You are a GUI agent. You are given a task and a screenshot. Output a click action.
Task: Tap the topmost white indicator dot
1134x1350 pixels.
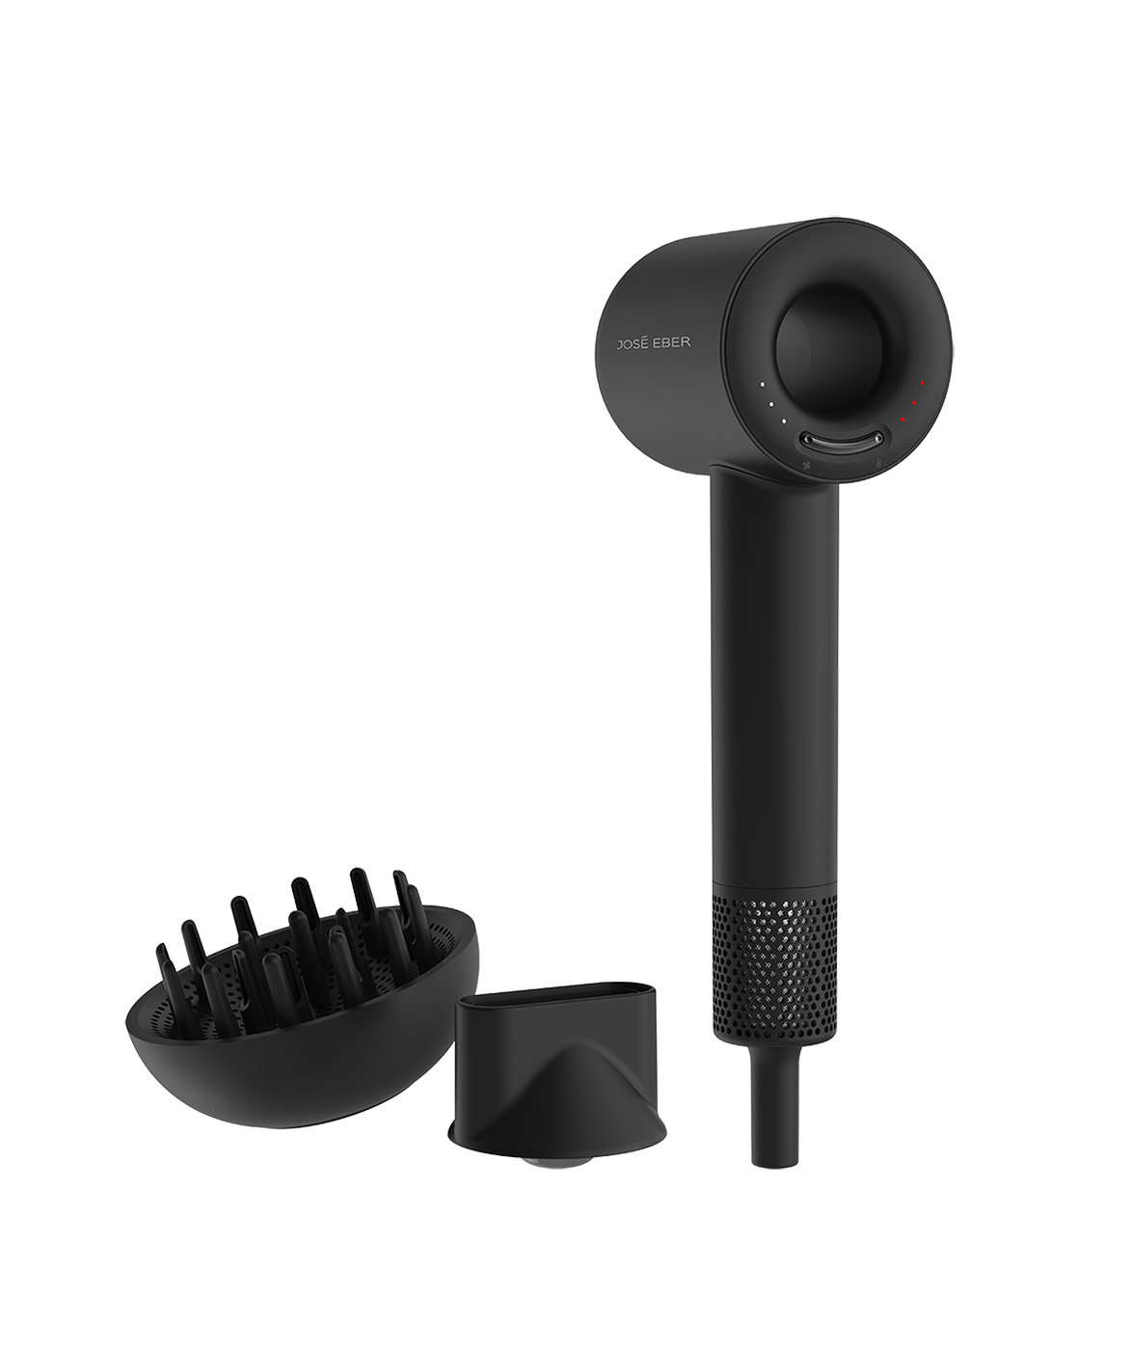762,384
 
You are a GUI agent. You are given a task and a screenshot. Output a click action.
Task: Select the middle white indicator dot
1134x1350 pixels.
771,404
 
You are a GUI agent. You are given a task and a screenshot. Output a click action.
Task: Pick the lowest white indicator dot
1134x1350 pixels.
784,421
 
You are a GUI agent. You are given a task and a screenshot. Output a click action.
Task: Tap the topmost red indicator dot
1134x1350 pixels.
922,383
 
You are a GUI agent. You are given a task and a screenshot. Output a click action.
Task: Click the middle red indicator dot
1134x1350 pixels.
914,402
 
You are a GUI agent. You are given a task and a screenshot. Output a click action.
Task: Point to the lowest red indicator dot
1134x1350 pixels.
902,418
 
